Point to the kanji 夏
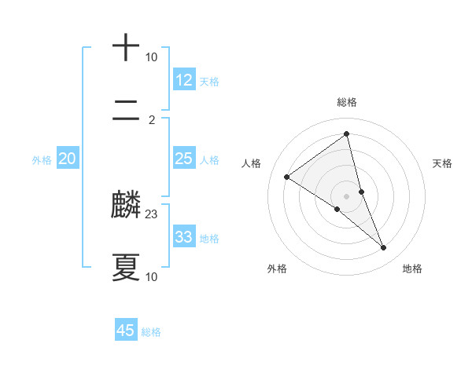(x=126, y=267)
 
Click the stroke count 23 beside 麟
(x=152, y=214)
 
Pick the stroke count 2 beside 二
(x=152, y=120)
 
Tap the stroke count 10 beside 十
(x=152, y=57)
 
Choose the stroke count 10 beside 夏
(x=152, y=276)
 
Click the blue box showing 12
(x=184, y=79)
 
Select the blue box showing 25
(x=184, y=159)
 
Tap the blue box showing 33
(x=184, y=237)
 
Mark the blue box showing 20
(x=68, y=159)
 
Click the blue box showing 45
(x=126, y=331)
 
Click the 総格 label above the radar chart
(x=347, y=102)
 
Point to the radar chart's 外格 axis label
(x=277, y=269)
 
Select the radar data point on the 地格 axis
(x=384, y=248)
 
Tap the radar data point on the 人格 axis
(x=286, y=177)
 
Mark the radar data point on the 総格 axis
(x=347, y=134)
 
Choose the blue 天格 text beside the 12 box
(x=209, y=81)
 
